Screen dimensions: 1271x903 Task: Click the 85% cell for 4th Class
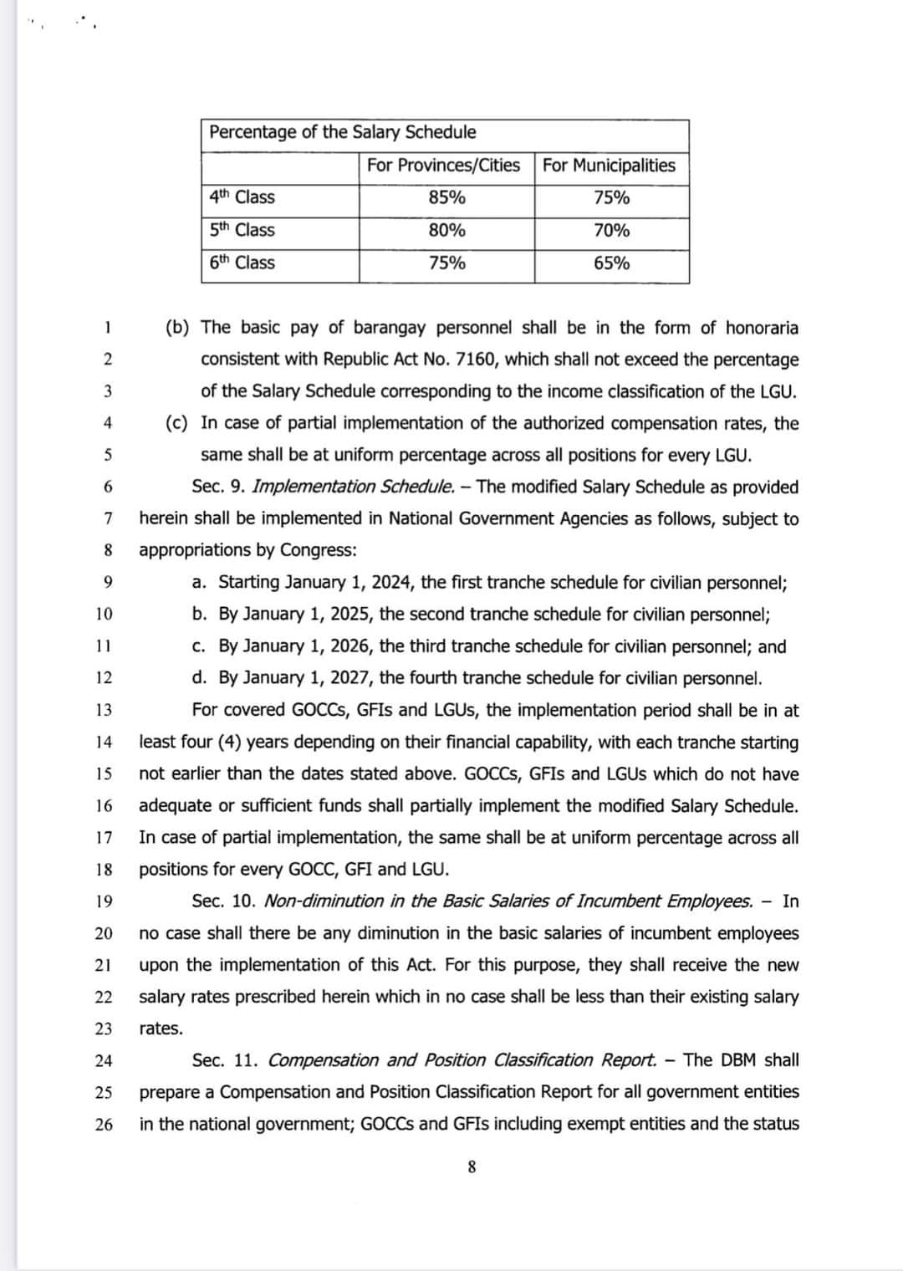446,198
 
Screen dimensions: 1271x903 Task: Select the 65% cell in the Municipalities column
611,263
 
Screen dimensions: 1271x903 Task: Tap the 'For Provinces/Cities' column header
443,165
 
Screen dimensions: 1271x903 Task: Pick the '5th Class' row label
242,230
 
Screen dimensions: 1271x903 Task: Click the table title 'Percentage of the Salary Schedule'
342,132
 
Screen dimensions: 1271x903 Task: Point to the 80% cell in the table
446,231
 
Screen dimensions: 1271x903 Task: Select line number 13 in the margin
104,710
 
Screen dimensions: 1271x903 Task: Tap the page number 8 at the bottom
472,1167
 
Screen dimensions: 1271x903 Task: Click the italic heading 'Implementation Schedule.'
354,487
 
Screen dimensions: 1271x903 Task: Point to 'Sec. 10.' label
222,901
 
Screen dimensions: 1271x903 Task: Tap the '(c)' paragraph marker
176,423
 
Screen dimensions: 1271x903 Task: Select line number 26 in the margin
104,1124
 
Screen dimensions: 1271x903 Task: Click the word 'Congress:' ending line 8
318,550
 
